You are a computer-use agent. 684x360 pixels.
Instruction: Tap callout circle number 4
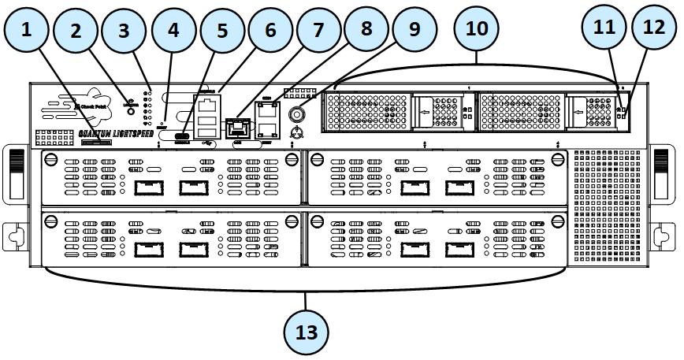[x=173, y=32]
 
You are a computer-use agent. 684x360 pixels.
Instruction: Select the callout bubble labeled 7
[x=318, y=32]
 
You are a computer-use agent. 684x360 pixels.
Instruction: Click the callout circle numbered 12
[x=654, y=28]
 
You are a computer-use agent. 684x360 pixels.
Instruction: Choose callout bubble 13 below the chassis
[x=306, y=332]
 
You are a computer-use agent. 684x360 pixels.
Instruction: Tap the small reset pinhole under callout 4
[x=162, y=123]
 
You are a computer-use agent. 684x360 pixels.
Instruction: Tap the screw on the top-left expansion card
[x=51, y=159]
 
